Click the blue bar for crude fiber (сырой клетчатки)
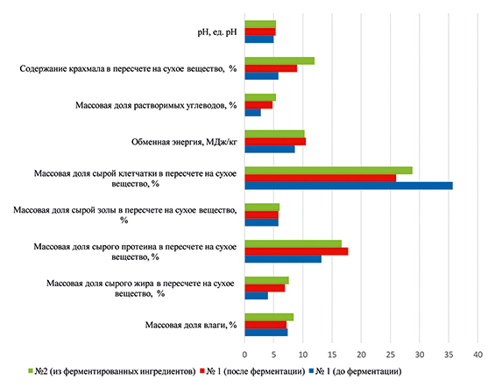pyautogui.click(x=349, y=186)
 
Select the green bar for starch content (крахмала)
pyautogui.click(x=279, y=61)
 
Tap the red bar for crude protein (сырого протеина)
pyautogui.click(x=296, y=251)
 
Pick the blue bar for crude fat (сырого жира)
pyautogui.click(x=257, y=296)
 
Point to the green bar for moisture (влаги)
pyautogui.click(x=269, y=317)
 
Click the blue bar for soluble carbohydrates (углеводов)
pyautogui.click(x=252, y=113)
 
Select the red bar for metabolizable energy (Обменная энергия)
pyautogui.click(x=275, y=142)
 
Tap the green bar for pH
pyautogui.click(x=260, y=25)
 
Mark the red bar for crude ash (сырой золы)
pyautogui.click(x=261, y=214)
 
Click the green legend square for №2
pyautogui.click(x=31, y=371)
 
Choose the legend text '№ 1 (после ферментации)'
pyautogui.click(x=256, y=371)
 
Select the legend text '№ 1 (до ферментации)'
pyautogui.click(x=358, y=371)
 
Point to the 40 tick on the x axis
pyautogui.click(x=478, y=354)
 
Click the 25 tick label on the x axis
pyautogui.click(x=391, y=354)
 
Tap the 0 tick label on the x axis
pyautogui.click(x=244, y=354)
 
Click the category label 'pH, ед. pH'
pyautogui.click(x=217, y=32)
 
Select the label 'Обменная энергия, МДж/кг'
pyautogui.click(x=184, y=142)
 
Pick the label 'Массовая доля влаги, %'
pyautogui.click(x=191, y=325)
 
